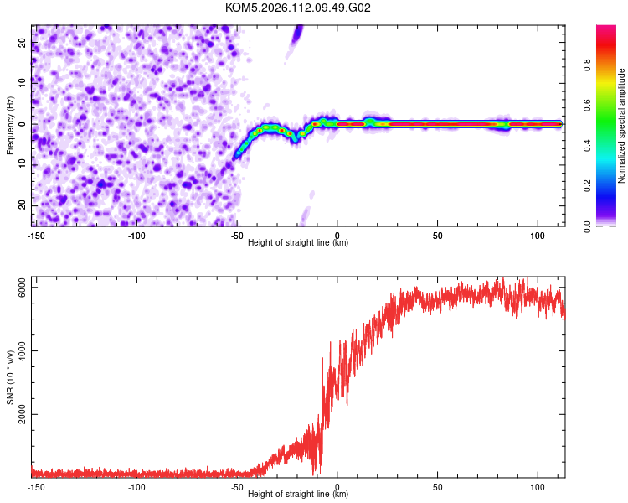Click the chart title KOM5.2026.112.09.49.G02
click(298, 8)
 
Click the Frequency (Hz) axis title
click(10, 124)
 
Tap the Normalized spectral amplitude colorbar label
click(621, 125)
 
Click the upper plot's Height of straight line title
click(298, 242)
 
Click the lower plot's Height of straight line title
click(298, 494)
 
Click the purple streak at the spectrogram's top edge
click(296, 35)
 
